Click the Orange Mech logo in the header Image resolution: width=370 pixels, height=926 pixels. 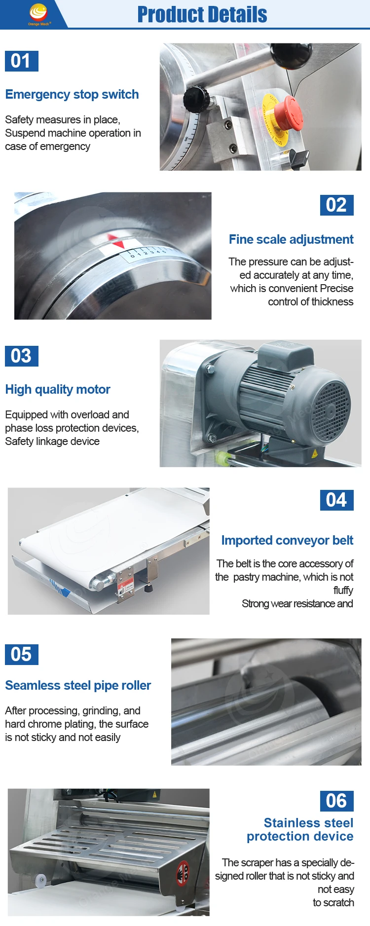coord(38,14)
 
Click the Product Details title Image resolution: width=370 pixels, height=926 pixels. coord(202,15)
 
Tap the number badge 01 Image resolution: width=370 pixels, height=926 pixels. coord(21,61)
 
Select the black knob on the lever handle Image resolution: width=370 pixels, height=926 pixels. coord(195,97)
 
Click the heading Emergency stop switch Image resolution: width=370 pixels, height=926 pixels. coord(72,94)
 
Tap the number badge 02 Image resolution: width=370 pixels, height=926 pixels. coord(337,205)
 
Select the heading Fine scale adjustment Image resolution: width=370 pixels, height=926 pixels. coord(291,239)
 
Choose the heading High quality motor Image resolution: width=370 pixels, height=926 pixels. coord(58,389)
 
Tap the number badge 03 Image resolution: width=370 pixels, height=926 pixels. coord(21,356)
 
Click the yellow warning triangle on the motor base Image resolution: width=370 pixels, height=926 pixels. coord(315,453)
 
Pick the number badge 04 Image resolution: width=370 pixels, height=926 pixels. coord(337,500)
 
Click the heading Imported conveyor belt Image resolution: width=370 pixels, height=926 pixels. coord(287,540)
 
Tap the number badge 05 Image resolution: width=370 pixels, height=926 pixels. coord(21,655)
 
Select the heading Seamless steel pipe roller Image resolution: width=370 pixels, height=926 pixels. coord(78,685)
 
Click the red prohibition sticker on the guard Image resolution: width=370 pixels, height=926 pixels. coord(183,873)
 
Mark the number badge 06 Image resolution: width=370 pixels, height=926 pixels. coord(337,801)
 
